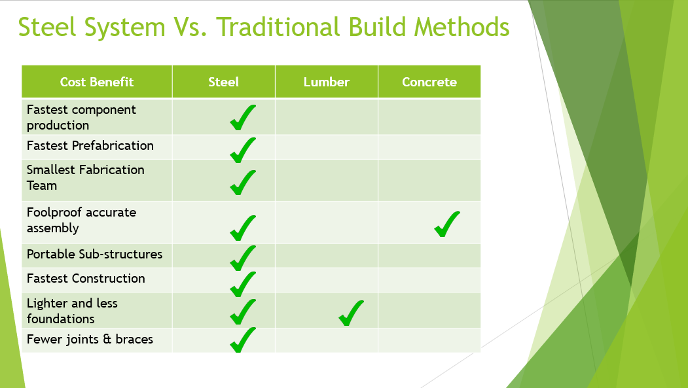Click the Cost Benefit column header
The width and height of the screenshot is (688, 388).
click(96, 82)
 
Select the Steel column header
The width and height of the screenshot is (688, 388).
click(223, 82)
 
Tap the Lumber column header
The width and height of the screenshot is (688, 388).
click(327, 82)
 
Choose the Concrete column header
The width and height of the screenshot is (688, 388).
click(429, 82)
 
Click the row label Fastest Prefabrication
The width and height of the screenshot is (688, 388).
click(90, 145)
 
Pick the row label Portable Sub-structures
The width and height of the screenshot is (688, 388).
click(94, 255)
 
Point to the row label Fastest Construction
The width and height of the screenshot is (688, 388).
click(86, 278)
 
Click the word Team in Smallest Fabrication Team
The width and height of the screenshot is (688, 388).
click(42, 185)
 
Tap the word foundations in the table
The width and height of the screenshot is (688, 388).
click(60, 319)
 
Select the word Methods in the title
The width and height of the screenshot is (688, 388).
click(462, 27)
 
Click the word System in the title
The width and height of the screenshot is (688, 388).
click(124, 27)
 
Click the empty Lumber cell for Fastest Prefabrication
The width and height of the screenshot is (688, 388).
click(327, 147)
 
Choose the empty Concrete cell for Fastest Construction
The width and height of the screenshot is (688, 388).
click(429, 280)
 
